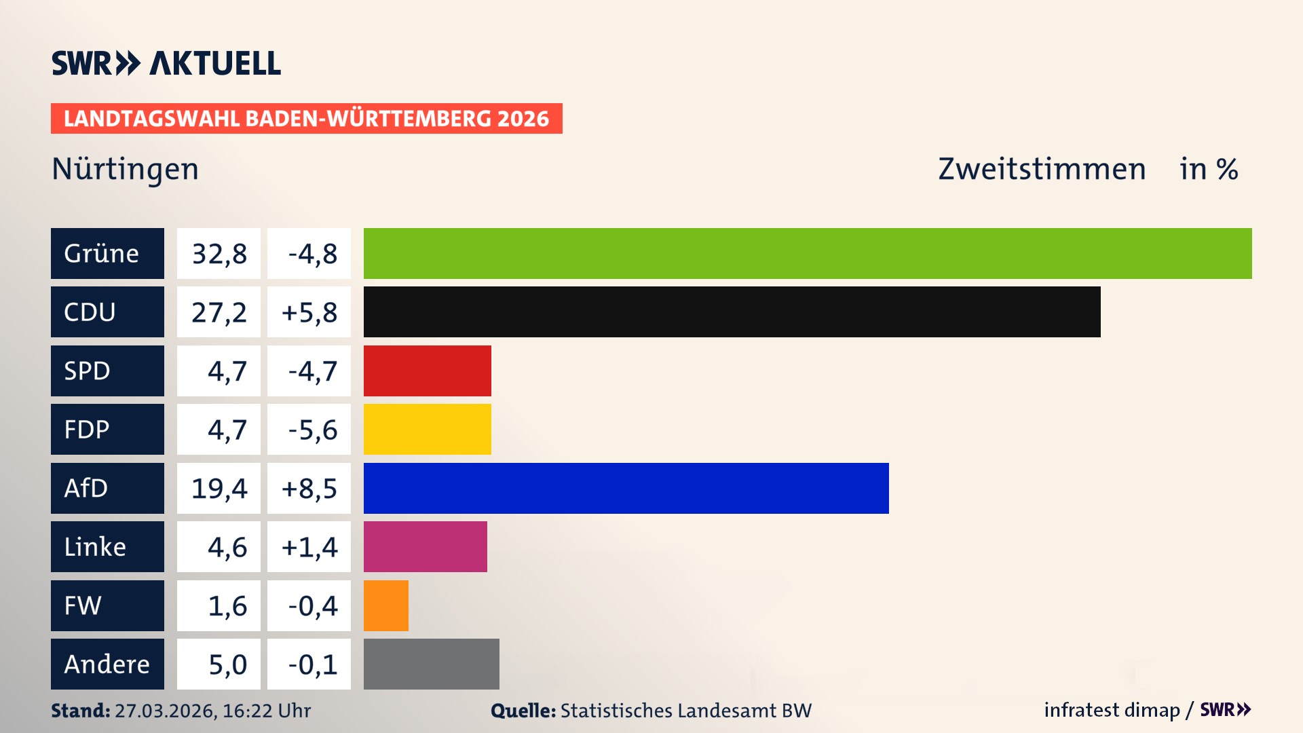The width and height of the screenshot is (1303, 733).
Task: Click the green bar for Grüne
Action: point(808,253)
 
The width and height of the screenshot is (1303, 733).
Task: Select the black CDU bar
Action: point(732,312)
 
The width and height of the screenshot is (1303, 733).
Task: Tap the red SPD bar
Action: point(427,371)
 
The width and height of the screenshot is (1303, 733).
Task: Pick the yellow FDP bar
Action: point(427,429)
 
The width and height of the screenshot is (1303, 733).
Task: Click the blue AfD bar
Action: point(626,488)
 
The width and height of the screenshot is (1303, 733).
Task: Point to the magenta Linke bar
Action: point(425,546)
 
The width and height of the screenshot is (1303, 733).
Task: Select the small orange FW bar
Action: point(385,605)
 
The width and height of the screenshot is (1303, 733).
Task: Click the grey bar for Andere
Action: point(431,664)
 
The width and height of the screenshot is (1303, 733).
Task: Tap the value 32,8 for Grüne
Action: point(219,254)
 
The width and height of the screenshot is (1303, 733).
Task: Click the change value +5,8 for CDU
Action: point(309,312)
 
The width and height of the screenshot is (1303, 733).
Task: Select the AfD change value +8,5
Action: point(309,488)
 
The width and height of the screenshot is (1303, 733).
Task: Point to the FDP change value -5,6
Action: point(311,430)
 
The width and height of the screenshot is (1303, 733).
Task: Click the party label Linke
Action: point(95,546)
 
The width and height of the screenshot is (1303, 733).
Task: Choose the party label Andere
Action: point(107,664)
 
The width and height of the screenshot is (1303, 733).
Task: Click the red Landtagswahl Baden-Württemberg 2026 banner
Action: point(306,118)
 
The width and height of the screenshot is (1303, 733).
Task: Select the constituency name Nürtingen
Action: point(125,169)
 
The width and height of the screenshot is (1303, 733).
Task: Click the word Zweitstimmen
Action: point(1041,169)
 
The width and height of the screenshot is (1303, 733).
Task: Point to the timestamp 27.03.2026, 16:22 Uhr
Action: point(212,711)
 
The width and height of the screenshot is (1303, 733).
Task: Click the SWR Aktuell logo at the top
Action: point(166,63)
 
